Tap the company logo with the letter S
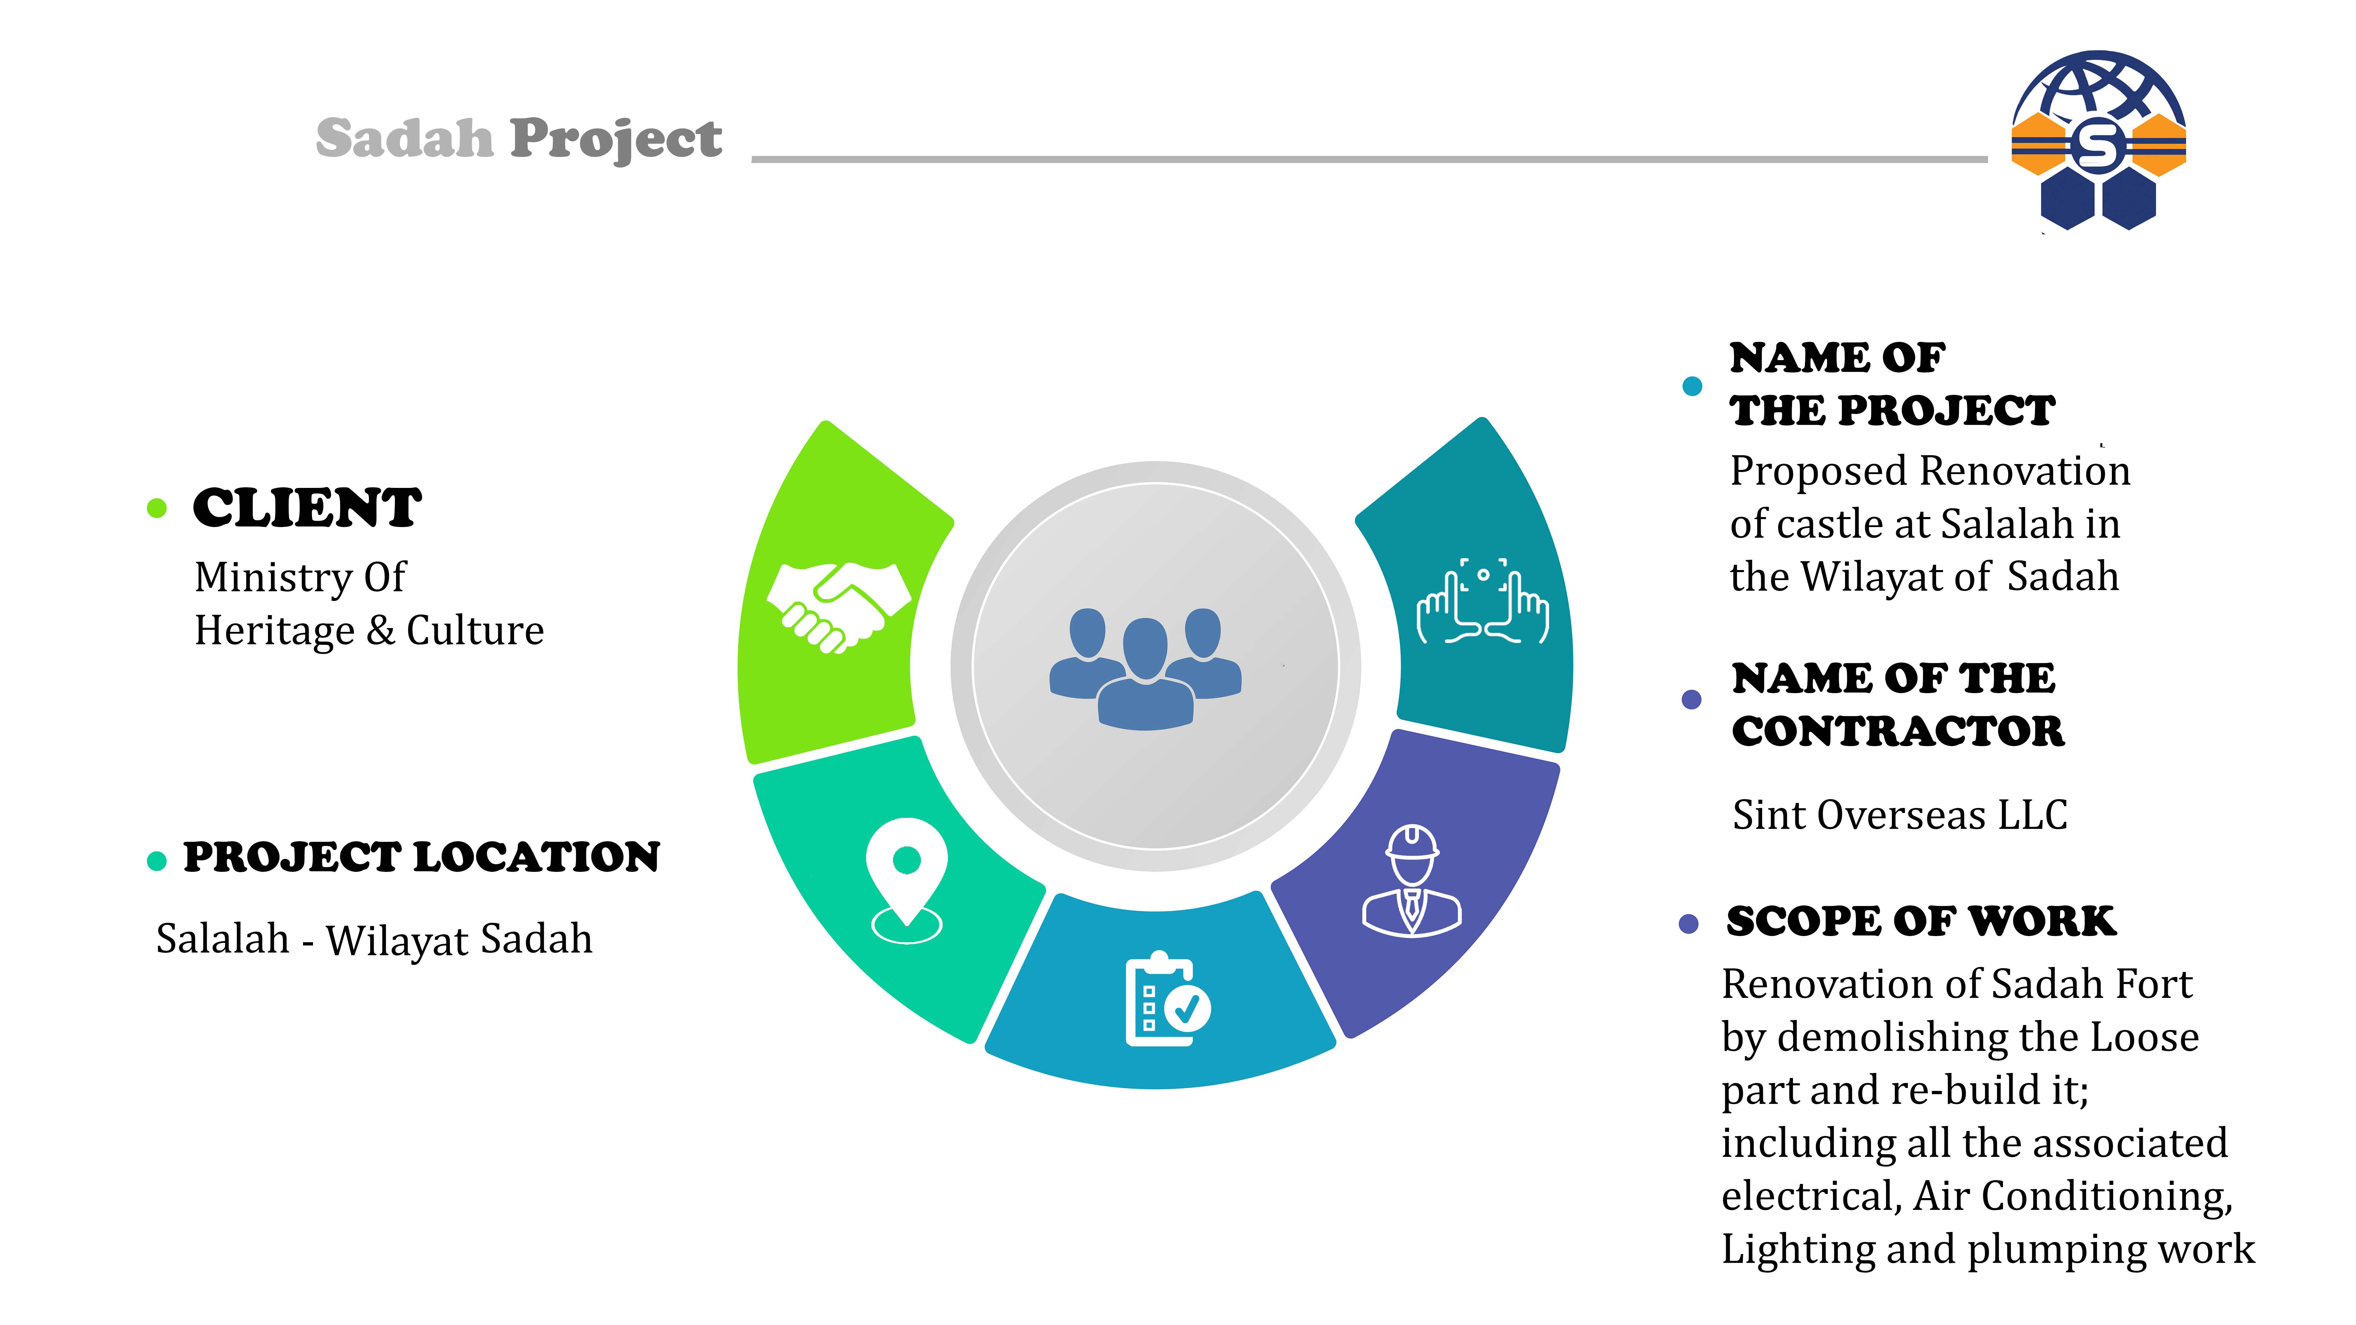pyautogui.click(x=2098, y=140)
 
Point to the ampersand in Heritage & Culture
pyautogui.click(x=380, y=631)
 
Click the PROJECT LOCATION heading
pyautogui.click(x=422, y=857)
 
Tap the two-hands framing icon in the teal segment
pyautogui.click(x=1483, y=602)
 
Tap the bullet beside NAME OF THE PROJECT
pyautogui.click(x=1692, y=386)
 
